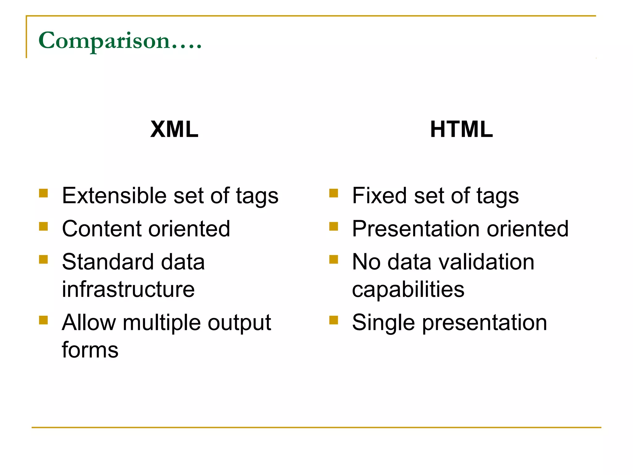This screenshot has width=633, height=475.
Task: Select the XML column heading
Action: point(174,129)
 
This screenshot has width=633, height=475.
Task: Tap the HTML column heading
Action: point(461,129)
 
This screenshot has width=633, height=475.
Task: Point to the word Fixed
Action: point(379,196)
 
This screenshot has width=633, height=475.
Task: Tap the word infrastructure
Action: point(128,289)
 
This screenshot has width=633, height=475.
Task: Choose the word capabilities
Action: point(408,290)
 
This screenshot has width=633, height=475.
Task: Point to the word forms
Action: point(90,350)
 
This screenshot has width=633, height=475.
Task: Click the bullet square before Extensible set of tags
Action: point(44,193)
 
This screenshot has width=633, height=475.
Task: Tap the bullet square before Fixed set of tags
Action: point(333,193)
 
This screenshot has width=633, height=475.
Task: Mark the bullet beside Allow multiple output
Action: point(44,320)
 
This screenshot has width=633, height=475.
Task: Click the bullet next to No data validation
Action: point(333,259)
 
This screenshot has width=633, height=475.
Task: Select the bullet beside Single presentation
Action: point(333,320)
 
